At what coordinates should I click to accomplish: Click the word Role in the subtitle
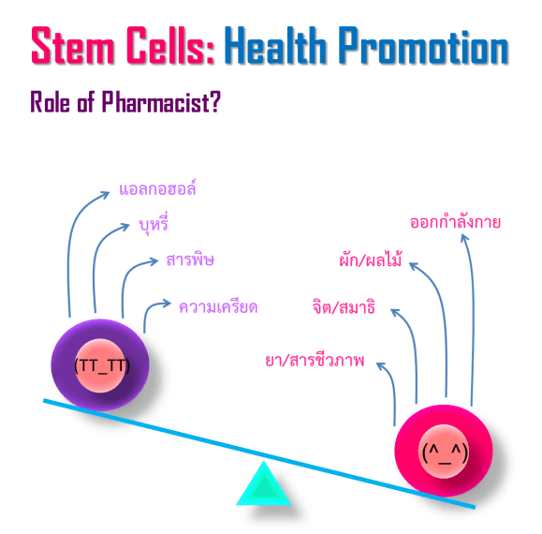tap(51, 100)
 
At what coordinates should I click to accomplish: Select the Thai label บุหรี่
tap(153, 225)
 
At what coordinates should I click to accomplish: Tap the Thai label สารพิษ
tap(190, 259)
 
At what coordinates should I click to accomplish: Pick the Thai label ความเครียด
tap(218, 306)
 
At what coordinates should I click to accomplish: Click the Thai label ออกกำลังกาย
tap(456, 222)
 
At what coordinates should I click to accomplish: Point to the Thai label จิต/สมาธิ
tap(343, 306)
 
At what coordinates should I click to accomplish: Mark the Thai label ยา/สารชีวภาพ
tap(315, 361)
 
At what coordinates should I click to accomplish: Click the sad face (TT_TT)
tap(100, 366)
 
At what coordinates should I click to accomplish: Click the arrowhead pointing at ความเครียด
tap(168, 304)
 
